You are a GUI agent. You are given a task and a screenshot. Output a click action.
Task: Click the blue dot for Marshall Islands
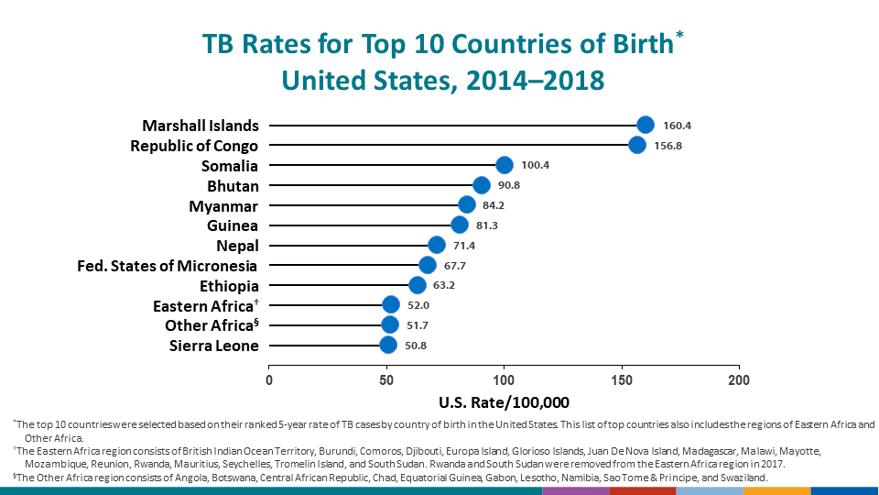646,126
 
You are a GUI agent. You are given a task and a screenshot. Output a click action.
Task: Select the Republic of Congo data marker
637,146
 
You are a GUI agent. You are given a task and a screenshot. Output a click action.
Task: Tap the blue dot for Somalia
505,165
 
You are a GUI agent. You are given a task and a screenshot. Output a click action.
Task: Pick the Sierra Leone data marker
388,346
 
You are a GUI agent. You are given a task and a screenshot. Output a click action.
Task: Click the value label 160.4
678,126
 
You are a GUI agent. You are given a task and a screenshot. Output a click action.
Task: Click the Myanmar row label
223,205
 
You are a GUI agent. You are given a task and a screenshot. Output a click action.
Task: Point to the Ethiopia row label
229,286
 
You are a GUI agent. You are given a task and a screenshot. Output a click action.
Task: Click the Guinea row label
233,225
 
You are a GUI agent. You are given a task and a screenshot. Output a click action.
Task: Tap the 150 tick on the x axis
622,379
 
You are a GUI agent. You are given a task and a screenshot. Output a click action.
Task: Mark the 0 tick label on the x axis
269,379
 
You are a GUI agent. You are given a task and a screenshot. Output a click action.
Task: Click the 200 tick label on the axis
739,379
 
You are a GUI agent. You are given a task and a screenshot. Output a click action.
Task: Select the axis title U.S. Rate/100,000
504,402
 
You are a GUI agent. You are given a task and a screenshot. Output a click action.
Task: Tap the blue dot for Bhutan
482,185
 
